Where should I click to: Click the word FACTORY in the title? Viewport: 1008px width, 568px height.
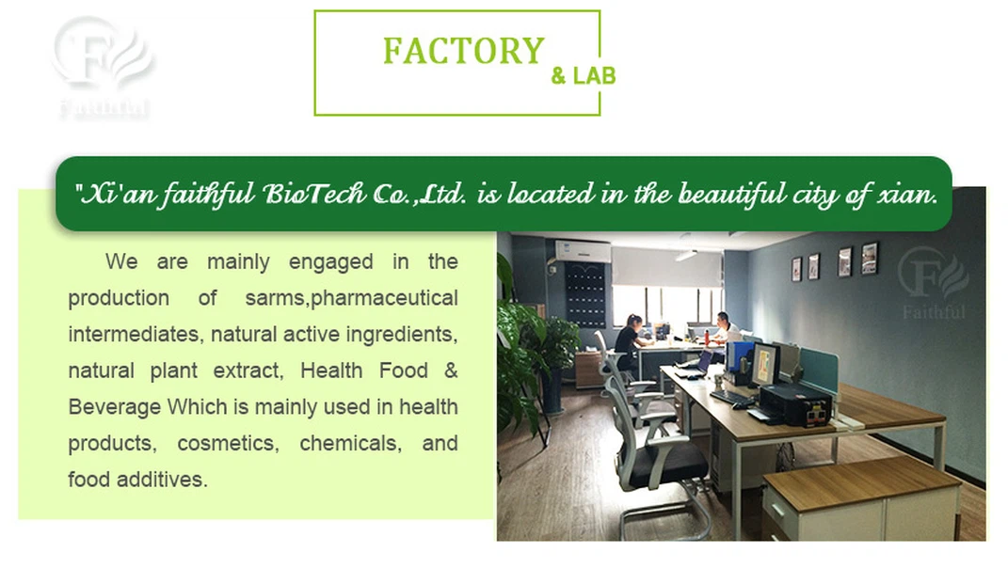point(463,51)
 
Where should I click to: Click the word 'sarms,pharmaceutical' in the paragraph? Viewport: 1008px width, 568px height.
point(351,298)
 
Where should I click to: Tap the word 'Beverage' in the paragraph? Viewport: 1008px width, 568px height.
point(113,407)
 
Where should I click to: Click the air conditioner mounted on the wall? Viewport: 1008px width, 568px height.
point(583,251)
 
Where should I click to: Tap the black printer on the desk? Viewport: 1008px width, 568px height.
point(794,403)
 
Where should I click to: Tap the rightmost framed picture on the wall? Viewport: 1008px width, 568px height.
point(869,257)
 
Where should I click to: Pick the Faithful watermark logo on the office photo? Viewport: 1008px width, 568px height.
point(932,281)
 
